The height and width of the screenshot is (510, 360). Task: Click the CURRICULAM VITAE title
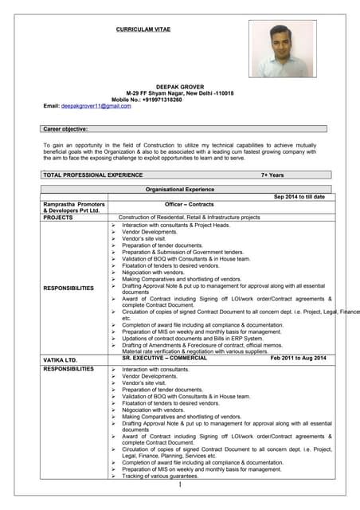(x=143, y=29)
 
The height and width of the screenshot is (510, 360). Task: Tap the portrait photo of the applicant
(x=282, y=48)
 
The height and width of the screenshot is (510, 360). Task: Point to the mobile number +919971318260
(x=162, y=100)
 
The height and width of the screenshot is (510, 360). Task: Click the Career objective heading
(x=65, y=128)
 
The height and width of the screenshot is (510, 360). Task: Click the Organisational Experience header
(x=179, y=190)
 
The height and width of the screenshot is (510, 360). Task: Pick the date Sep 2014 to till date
(x=299, y=197)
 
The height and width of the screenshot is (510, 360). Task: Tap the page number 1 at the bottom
(x=181, y=485)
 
